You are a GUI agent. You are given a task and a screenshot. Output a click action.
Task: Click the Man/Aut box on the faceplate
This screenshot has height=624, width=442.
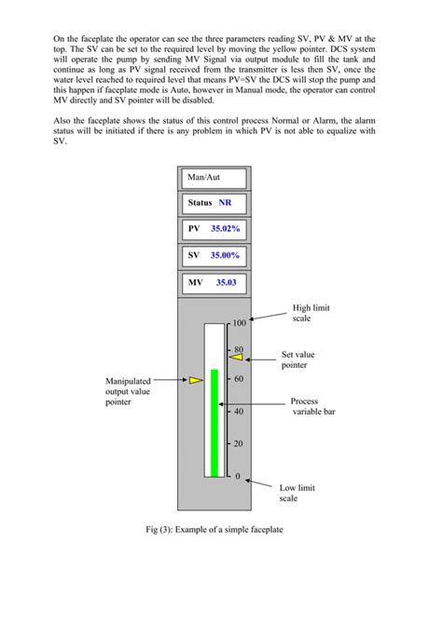[214, 177]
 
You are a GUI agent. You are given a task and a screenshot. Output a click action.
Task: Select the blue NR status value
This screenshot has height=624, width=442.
[225, 202]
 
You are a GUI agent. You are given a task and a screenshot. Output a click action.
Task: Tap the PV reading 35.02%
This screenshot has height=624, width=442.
[225, 228]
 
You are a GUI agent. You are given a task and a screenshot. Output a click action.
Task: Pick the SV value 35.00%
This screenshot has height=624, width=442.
[225, 254]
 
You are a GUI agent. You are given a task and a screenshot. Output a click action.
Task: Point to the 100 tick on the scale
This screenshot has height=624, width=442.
[239, 324]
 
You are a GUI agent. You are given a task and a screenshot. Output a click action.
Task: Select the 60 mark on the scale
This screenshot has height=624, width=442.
[238, 379]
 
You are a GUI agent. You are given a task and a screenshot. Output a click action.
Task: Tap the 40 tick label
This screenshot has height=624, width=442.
[238, 411]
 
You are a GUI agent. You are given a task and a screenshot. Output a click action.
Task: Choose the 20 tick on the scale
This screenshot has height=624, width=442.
[238, 443]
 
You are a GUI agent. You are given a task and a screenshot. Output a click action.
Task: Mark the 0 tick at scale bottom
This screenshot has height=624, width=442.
[237, 476]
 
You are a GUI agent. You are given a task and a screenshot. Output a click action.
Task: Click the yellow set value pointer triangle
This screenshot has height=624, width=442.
[236, 358]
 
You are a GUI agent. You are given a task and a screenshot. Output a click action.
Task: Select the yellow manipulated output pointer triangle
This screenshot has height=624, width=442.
[195, 380]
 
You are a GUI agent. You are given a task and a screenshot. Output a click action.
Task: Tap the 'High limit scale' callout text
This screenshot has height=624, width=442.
[311, 313]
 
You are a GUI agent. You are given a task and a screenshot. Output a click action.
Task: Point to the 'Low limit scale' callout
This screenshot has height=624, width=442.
[298, 494]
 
